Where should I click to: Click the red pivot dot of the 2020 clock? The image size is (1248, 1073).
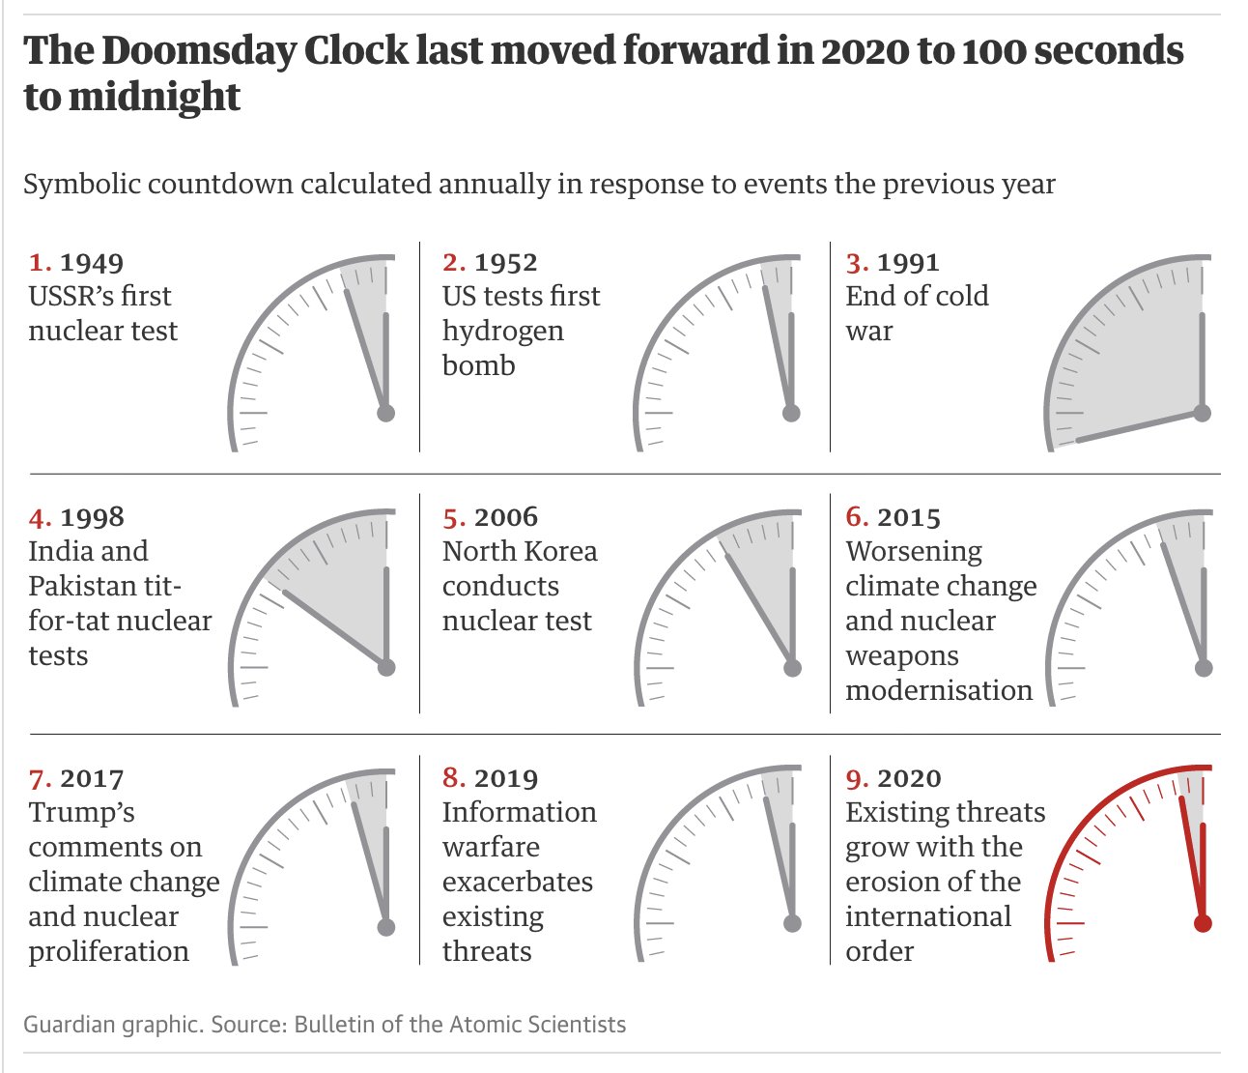tap(1202, 923)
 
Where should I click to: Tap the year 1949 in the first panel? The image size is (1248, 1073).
tap(92, 263)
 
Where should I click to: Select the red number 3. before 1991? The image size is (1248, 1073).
tap(858, 263)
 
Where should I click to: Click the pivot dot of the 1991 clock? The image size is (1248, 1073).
tap(1202, 413)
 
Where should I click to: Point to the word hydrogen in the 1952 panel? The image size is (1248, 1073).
tap(502, 332)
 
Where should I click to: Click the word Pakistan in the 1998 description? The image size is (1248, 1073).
tap(83, 587)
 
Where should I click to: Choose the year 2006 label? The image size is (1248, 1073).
tap(506, 518)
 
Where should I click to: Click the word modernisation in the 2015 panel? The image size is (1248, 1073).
tap(938, 691)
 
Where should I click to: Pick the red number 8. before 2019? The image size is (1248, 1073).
tap(455, 779)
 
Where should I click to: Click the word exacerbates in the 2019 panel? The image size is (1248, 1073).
tap(517, 883)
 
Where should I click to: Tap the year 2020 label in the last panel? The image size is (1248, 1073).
tap(909, 779)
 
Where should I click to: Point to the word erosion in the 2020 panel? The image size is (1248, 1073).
tap(895, 883)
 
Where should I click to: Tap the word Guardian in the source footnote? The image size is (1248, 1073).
tap(66, 1025)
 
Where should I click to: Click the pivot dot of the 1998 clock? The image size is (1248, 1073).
tap(386, 667)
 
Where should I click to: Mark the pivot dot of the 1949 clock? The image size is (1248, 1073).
tap(386, 413)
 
